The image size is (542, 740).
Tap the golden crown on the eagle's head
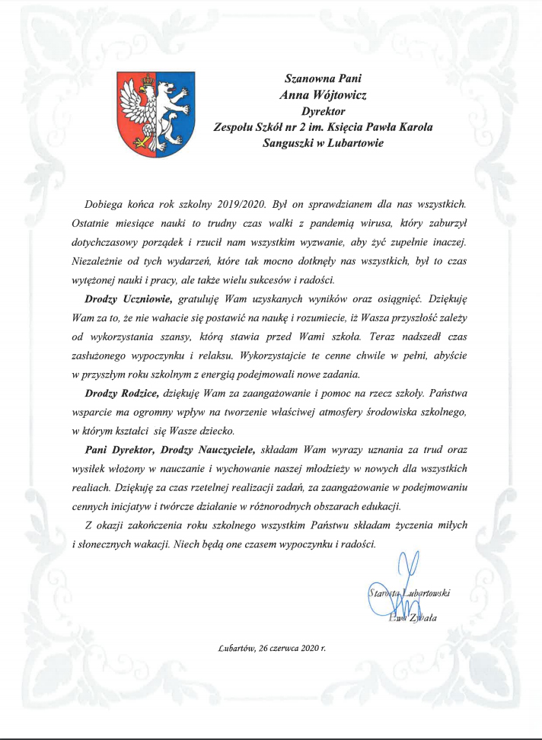tap(148, 78)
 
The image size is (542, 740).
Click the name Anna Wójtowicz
tap(324, 95)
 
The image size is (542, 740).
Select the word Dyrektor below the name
tap(324, 111)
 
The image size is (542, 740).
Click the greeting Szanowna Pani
tap(324, 78)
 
